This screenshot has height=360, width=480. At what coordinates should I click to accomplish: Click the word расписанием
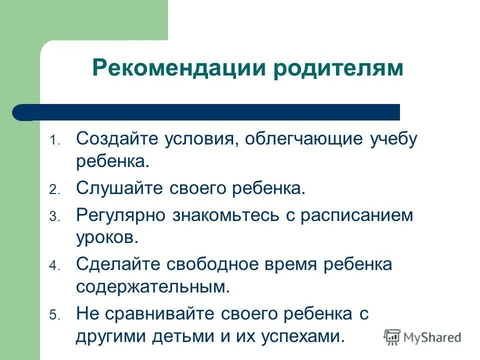point(357,215)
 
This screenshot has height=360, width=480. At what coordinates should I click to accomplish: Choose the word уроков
point(107,237)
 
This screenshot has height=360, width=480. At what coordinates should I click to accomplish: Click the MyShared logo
point(422,337)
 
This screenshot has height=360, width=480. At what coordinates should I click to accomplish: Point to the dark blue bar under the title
point(206,112)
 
